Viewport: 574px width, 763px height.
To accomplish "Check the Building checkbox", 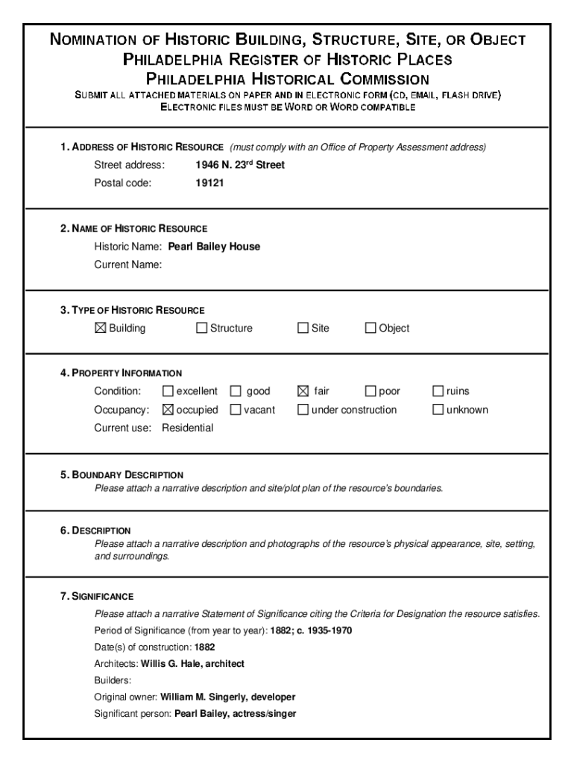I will click(x=101, y=328).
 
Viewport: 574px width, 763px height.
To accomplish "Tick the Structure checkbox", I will click(x=201, y=328).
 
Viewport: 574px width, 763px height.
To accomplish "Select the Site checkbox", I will click(x=303, y=328).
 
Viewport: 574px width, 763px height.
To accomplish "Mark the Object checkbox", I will click(x=370, y=328).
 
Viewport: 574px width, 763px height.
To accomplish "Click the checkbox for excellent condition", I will click(x=168, y=391).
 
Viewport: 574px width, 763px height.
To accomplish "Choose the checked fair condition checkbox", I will click(x=303, y=391).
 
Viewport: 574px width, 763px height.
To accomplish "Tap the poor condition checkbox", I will click(x=370, y=391).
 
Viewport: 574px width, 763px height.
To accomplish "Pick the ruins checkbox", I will click(x=438, y=391).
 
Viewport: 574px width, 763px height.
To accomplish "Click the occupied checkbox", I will click(x=168, y=409).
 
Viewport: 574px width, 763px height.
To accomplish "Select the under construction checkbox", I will click(x=303, y=409).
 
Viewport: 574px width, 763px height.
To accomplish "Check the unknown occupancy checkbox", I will click(x=438, y=409).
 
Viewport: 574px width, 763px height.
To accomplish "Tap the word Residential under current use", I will click(x=187, y=428).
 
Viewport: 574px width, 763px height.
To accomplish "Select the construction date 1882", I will click(x=205, y=648).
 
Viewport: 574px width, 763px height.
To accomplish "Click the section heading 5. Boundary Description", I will click(x=122, y=475).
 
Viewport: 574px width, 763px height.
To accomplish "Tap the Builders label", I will click(x=113, y=680).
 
